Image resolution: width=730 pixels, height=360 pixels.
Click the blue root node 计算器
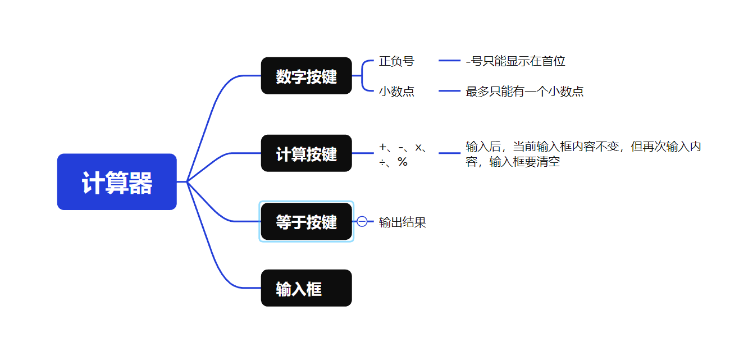[x=117, y=182]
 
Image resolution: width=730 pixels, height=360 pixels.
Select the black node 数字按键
[x=306, y=76]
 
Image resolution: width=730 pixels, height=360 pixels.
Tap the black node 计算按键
[x=306, y=153]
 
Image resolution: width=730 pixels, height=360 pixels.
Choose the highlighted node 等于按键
[x=306, y=222]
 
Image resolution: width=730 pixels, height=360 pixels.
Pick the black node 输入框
[x=306, y=288]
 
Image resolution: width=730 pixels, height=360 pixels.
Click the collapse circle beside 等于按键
[x=362, y=222]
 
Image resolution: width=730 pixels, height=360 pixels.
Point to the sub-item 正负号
[x=396, y=61]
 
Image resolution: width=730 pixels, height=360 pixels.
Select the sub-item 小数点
[x=396, y=92]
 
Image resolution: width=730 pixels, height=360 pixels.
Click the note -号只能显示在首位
[x=515, y=61]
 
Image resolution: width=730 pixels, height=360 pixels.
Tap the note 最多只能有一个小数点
[x=524, y=92]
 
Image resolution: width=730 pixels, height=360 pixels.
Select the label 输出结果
[x=403, y=222]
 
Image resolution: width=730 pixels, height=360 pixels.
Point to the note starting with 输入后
[x=583, y=154]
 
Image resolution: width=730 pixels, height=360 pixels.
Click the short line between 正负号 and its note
[x=449, y=61]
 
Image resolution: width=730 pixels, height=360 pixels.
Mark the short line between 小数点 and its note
[x=449, y=91]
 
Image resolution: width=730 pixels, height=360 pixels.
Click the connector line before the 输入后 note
[x=449, y=153]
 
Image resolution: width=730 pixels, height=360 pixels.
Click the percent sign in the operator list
[x=403, y=162]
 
